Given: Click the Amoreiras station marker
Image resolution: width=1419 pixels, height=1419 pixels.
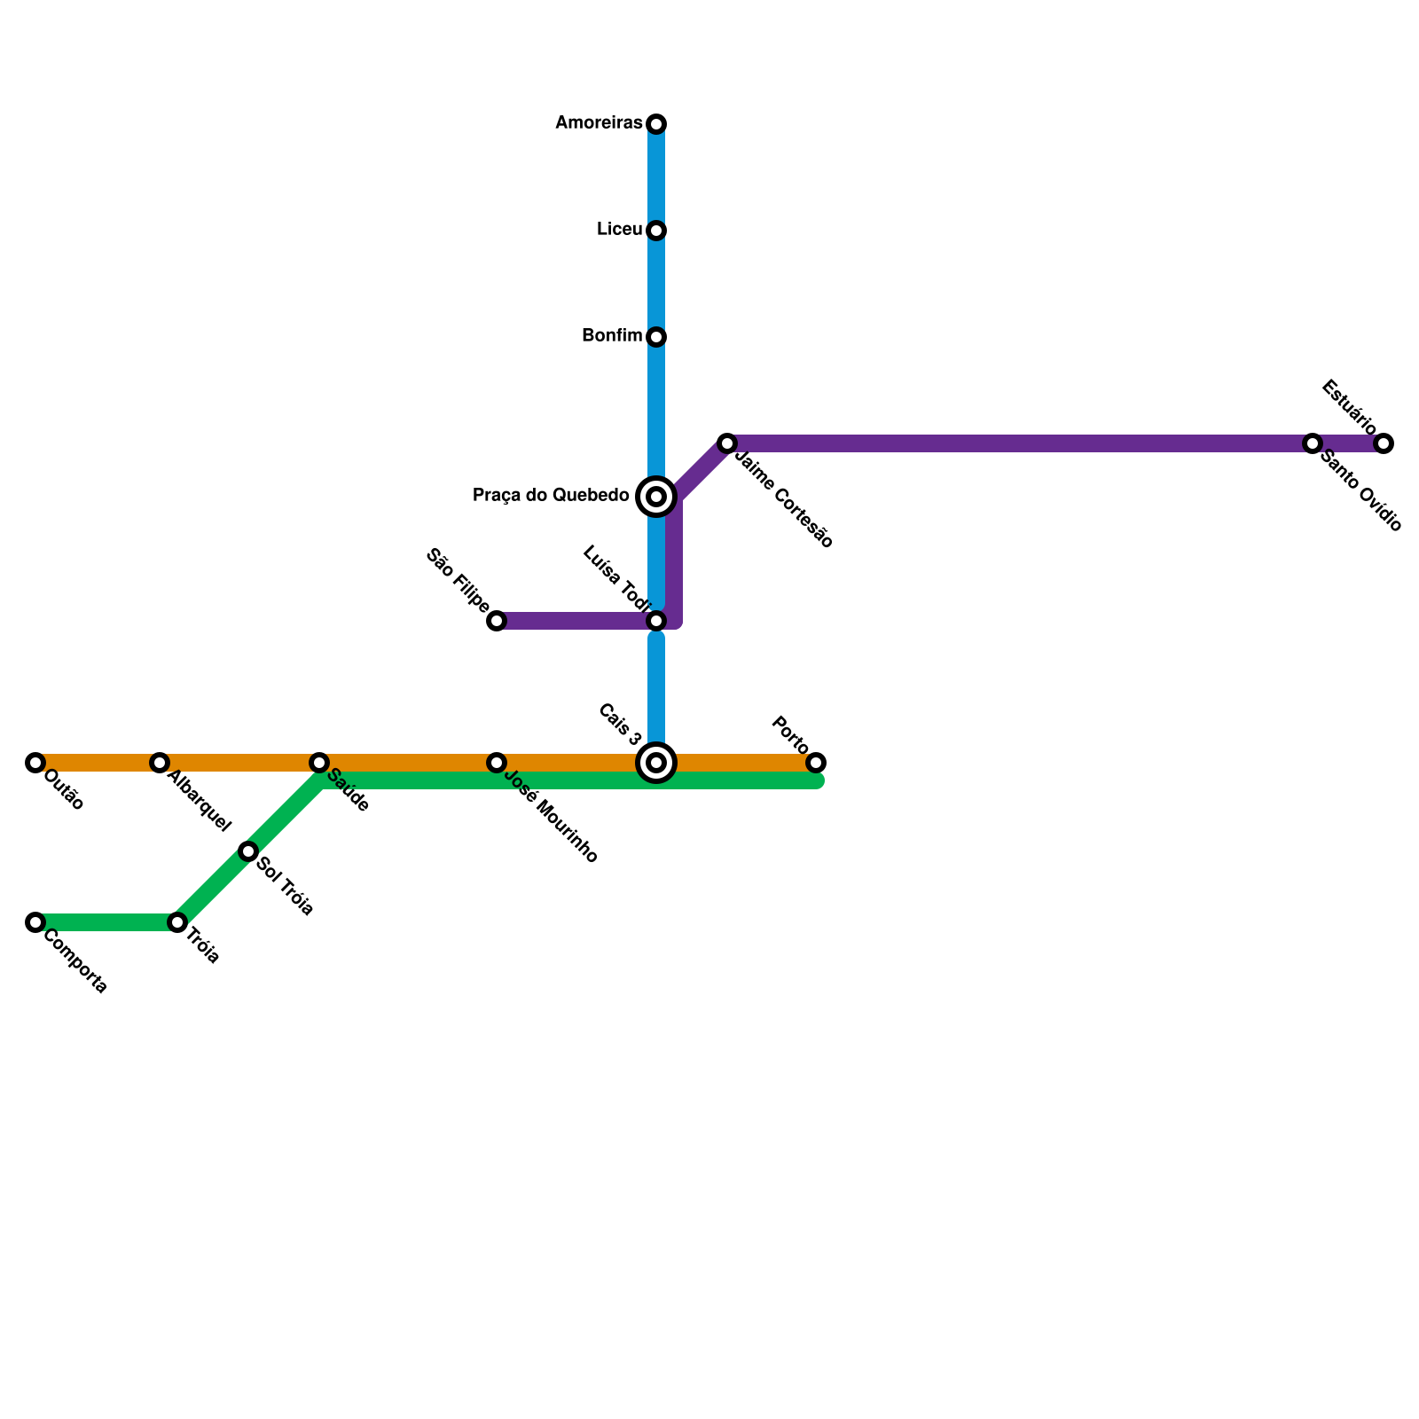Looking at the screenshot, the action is pyautogui.click(x=656, y=123).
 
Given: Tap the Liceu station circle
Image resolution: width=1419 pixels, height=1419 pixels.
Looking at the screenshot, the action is pyautogui.click(x=656, y=231).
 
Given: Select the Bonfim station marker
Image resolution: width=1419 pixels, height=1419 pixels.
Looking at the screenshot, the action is pyautogui.click(x=656, y=337).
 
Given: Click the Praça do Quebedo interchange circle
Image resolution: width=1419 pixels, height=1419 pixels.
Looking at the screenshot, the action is pyautogui.click(x=656, y=497).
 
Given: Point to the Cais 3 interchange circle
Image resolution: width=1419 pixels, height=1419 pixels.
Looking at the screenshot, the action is pyautogui.click(x=656, y=763).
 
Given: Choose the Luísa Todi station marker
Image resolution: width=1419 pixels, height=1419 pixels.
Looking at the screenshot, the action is pyautogui.click(x=656, y=621).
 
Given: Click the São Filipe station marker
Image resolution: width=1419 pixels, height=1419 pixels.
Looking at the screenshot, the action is pyautogui.click(x=497, y=621).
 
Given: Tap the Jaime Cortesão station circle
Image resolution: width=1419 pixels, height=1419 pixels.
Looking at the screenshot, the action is pyautogui.click(x=727, y=443).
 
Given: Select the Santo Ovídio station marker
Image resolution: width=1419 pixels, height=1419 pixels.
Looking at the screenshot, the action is pyautogui.click(x=1313, y=443).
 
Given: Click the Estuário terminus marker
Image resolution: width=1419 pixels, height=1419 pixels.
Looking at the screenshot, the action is pyautogui.click(x=1384, y=443).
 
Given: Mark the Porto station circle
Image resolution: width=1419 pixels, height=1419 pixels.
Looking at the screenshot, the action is pyautogui.click(x=816, y=763).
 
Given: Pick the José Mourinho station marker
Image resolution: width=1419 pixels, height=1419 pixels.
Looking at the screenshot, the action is pyautogui.click(x=497, y=763).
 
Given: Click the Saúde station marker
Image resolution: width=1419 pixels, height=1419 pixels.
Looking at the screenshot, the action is pyautogui.click(x=319, y=763).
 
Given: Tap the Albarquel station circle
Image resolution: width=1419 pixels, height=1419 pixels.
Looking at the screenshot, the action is pyautogui.click(x=160, y=763).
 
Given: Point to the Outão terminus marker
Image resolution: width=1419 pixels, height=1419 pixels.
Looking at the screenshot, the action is pyautogui.click(x=35, y=763).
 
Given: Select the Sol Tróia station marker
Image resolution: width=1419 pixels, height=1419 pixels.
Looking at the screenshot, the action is pyautogui.click(x=248, y=851).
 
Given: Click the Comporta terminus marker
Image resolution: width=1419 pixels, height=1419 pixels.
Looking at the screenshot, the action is pyautogui.click(x=35, y=922).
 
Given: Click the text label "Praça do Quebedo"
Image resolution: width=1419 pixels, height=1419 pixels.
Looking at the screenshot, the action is pyautogui.click(x=551, y=496).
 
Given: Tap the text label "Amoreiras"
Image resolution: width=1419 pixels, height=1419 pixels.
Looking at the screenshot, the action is pyautogui.click(x=599, y=123).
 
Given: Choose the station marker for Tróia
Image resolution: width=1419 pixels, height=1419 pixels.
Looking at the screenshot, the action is pyautogui.click(x=177, y=922).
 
